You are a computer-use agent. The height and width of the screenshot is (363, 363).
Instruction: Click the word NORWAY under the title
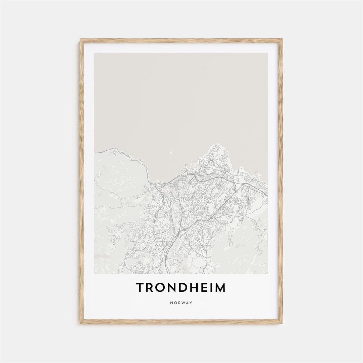[182, 303]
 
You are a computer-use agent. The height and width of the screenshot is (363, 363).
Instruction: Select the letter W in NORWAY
[183, 303]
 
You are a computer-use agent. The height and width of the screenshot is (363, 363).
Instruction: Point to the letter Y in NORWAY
[191, 303]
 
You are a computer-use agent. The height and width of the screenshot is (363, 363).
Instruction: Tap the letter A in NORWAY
[187, 303]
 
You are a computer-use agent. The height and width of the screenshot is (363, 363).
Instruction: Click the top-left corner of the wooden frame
[80, 39]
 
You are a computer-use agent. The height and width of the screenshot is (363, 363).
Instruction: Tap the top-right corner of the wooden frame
[283, 39]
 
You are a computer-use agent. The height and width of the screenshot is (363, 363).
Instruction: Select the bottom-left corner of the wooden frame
[80, 324]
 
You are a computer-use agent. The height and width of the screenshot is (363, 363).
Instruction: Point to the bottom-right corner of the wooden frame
[283, 324]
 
